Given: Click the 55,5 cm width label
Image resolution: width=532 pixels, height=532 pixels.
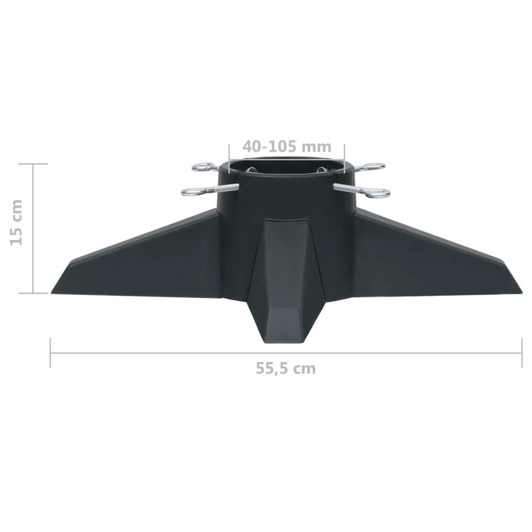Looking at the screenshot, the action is click(286, 369).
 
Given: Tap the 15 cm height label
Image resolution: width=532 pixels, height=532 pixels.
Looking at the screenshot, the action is click(16, 223).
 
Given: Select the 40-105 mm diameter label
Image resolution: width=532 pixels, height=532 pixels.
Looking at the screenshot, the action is click(287, 146).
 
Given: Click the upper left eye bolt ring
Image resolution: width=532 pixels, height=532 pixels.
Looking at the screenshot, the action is click(201, 167).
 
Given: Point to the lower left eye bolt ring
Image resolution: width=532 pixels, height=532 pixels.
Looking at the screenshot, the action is click(191, 192).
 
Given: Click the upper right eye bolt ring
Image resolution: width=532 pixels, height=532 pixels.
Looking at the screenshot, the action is click(376, 167).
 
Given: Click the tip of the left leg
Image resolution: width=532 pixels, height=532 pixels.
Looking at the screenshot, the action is click(52, 293).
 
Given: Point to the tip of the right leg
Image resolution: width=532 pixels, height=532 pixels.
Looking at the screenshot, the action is click(521, 293).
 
